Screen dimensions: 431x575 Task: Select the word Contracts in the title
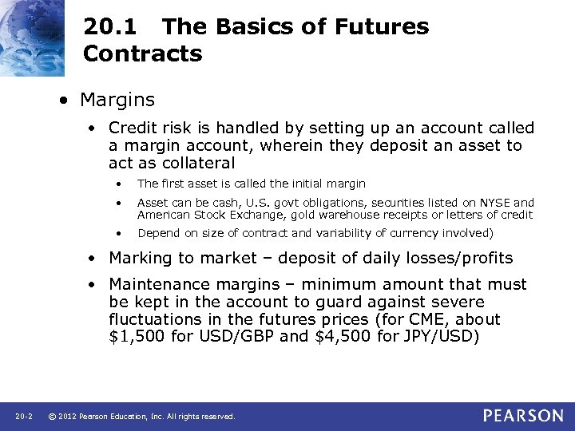(142, 53)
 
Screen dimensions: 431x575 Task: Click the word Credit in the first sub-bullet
(130, 128)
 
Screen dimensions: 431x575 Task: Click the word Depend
(157, 233)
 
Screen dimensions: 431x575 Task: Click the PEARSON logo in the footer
(523, 416)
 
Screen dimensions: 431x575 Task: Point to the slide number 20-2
(23, 417)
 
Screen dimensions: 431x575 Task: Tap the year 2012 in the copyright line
(68, 417)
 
